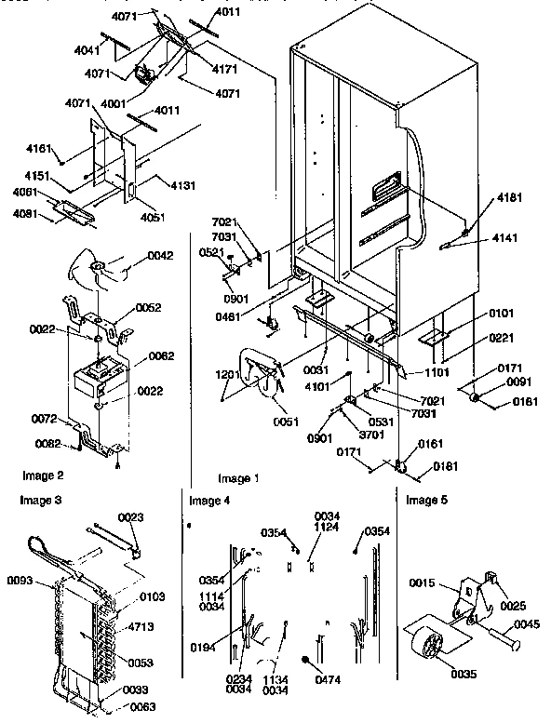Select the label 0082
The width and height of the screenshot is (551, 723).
click(48, 442)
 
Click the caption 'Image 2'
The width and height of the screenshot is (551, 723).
click(36, 475)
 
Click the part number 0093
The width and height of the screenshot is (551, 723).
click(21, 582)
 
